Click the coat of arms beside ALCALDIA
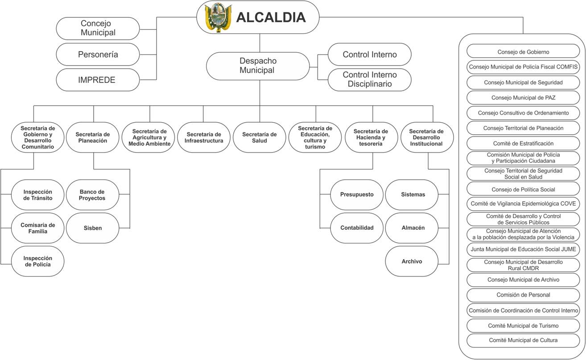coord(218,17)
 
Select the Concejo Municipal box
coord(98,28)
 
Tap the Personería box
coord(98,54)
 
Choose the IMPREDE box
coord(97,80)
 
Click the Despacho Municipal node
coord(258,66)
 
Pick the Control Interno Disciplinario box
coord(369,79)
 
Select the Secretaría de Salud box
coord(260,137)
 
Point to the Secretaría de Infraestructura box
coord(204,137)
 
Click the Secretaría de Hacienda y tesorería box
coord(371,137)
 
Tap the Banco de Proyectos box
coord(92,195)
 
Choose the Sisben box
coord(92,228)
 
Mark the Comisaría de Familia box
coord(38,228)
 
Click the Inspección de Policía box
coord(38,261)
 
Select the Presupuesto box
coord(357,194)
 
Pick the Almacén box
coord(412,228)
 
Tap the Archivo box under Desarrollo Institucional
coord(412,261)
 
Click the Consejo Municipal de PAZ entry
coord(523,98)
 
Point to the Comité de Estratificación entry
coord(523,143)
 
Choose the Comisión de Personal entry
coord(523,295)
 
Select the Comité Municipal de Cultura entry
coord(523,340)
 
